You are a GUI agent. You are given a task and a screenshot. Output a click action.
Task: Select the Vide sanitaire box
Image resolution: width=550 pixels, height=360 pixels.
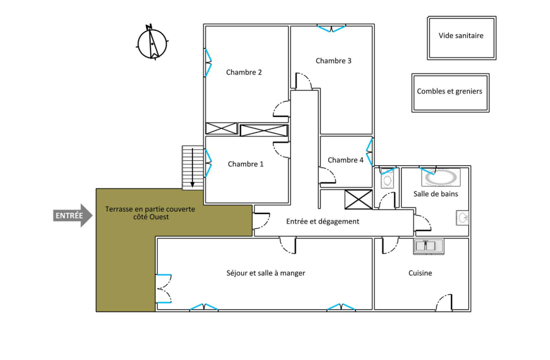pos(461,38)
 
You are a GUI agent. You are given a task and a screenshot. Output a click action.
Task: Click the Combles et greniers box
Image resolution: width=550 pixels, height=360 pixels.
pos(450,92)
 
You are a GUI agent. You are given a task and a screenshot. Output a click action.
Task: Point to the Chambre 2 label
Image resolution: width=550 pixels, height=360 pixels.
pos(244,72)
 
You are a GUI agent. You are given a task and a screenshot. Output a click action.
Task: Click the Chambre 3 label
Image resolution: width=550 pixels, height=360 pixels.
pos(333,61)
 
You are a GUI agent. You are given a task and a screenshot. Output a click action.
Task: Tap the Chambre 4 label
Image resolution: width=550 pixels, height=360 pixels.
pos(345,160)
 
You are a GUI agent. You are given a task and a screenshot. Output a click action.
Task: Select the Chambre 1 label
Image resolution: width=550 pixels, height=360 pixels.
pos(245,164)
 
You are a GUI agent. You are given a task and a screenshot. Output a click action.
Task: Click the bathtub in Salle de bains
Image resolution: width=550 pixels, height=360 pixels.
pos(440,178)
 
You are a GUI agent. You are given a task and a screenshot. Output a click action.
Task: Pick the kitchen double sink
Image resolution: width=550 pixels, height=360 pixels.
pos(428,246)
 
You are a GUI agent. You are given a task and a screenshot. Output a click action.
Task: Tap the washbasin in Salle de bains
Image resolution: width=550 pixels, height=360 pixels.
pos(463,218)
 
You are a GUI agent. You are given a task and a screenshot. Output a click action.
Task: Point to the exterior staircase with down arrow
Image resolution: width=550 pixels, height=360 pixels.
pos(192,168)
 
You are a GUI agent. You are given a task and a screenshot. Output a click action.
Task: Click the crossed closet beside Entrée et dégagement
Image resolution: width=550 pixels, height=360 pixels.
pos(358,199)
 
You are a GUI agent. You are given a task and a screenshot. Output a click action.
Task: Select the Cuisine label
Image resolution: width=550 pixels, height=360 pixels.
pos(420,273)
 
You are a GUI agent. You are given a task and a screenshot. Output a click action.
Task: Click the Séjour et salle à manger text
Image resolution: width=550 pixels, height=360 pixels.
pos(265,273)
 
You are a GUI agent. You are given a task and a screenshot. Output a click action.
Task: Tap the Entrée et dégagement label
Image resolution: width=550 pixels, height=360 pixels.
pos(322,222)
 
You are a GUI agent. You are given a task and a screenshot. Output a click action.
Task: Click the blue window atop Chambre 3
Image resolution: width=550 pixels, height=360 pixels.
pos(331,28)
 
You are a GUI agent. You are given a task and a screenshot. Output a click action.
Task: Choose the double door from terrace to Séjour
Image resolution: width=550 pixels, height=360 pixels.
pos(163,289)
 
